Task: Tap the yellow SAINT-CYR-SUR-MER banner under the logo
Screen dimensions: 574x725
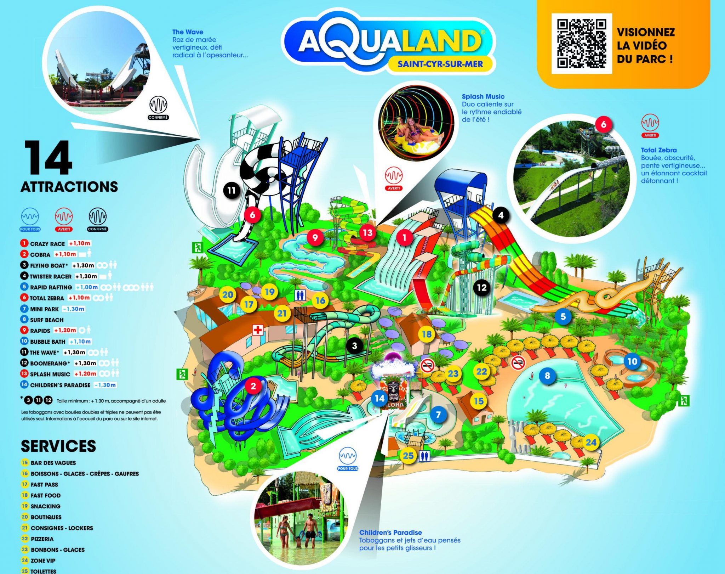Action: pyautogui.click(x=440, y=64)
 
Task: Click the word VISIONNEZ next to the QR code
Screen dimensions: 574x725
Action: pyautogui.click(x=646, y=32)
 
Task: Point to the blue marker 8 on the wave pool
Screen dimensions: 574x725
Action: pyautogui.click(x=547, y=375)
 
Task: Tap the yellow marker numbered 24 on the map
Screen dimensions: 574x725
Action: pyautogui.click(x=591, y=442)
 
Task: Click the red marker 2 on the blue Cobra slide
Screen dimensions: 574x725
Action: pyautogui.click(x=253, y=386)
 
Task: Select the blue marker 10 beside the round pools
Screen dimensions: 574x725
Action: pyautogui.click(x=632, y=361)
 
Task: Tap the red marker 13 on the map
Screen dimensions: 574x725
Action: pyautogui.click(x=367, y=232)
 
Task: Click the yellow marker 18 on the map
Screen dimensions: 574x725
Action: pyautogui.click(x=427, y=334)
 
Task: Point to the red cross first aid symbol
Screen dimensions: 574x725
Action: pyautogui.click(x=258, y=330)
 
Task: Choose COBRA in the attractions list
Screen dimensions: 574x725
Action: pyautogui.click(x=40, y=255)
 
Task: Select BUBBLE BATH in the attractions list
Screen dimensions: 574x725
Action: pyautogui.click(x=47, y=342)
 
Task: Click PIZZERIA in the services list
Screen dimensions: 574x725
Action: pyautogui.click(x=42, y=539)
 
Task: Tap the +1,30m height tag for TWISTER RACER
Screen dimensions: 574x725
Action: pyautogui.click(x=86, y=276)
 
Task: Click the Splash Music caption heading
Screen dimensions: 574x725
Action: pyautogui.click(x=483, y=96)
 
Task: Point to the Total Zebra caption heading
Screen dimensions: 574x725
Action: pyautogui.click(x=658, y=150)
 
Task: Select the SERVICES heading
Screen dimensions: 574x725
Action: pyautogui.click(x=58, y=446)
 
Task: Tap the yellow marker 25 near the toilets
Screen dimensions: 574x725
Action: pyautogui.click(x=408, y=455)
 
